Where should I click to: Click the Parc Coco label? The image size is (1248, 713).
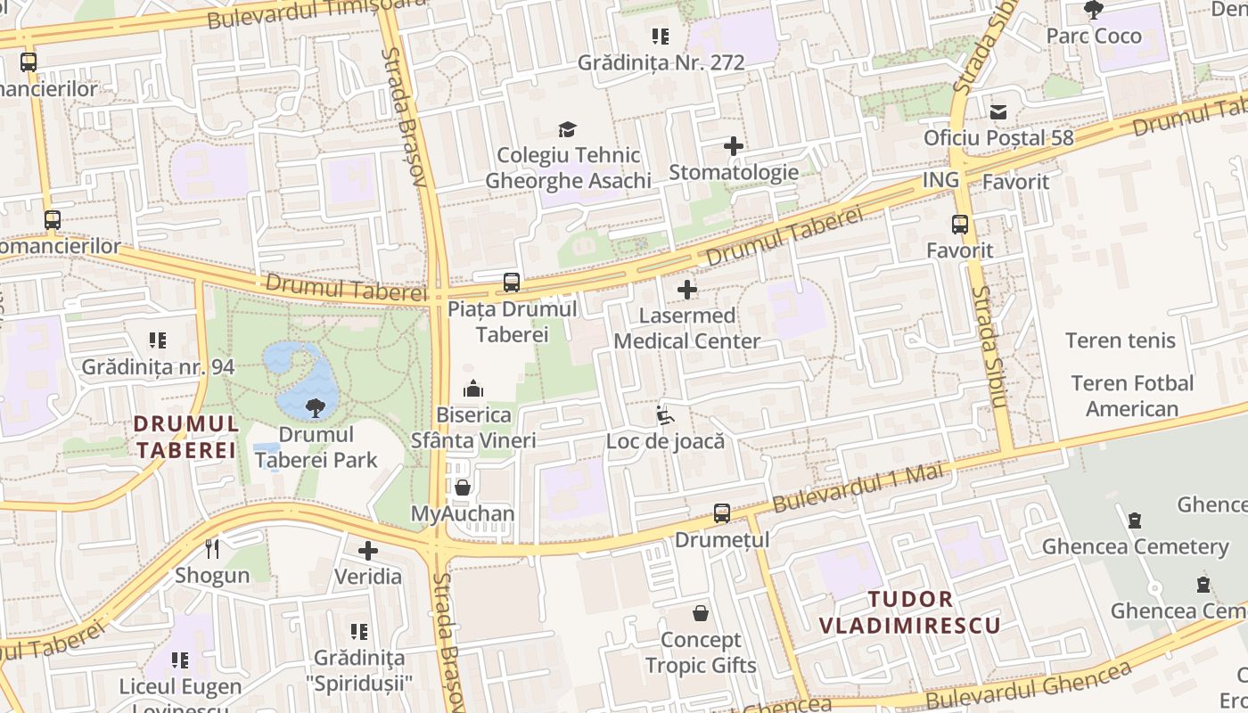coord(1093,37)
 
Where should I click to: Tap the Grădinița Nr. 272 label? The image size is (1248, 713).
coord(661,62)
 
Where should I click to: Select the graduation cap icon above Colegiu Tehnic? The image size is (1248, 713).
coord(568,130)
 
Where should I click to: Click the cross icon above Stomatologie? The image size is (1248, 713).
coord(734,146)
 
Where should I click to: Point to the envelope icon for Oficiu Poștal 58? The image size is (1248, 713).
coord(998,112)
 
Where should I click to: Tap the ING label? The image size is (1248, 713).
coord(940,180)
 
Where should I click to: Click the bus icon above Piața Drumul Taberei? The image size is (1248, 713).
coord(512,283)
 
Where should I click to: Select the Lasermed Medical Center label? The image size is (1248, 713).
coord(687,328)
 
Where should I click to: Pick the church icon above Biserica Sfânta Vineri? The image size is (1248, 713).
coord(473,389)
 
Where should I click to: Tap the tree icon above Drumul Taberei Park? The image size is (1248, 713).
coord(315,409)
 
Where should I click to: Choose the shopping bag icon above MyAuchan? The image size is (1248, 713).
coord(463,488)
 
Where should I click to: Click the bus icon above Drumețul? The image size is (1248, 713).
coord(722,513)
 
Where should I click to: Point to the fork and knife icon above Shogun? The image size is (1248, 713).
coord(212,548)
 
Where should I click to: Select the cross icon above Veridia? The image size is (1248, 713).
coord(368,551)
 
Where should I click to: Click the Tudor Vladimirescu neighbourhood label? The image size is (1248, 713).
coord(910,611)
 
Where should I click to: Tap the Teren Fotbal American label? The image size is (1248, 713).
coord(1132,396)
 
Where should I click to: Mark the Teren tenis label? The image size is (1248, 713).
coord(1121,340)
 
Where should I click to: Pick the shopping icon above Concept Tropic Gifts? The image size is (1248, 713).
coord(701,613)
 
